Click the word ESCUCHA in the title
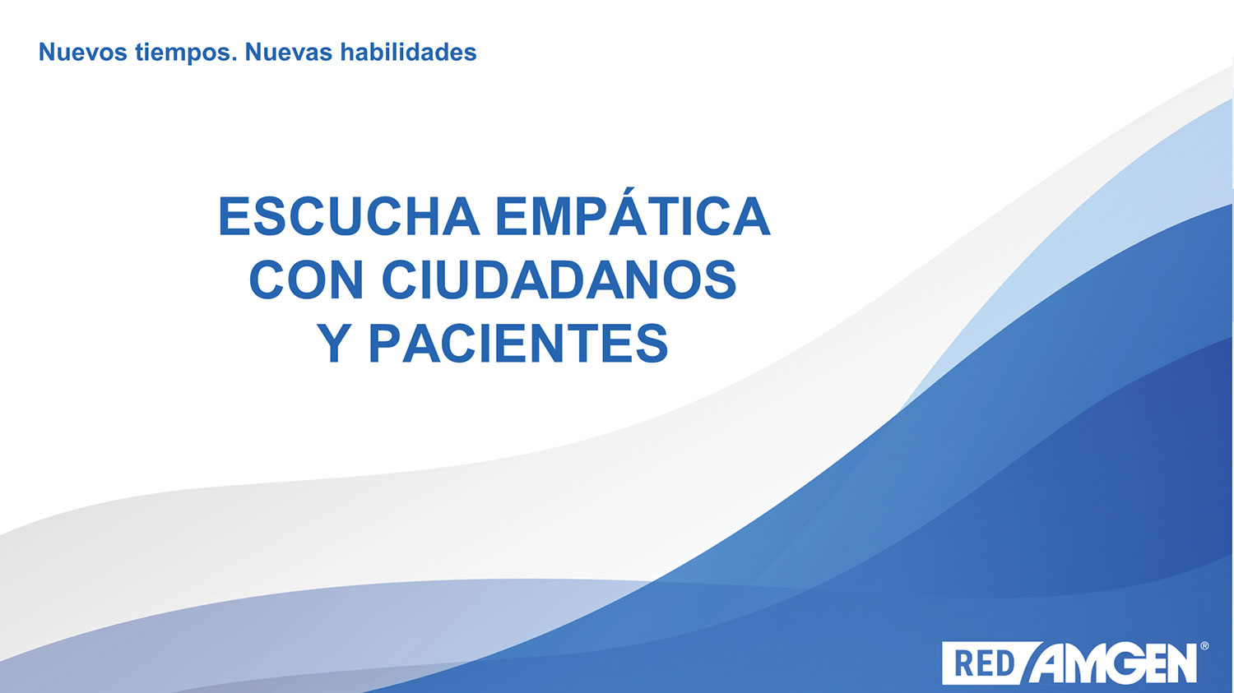point(349,215)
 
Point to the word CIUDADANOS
point(559,279)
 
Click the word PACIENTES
point(518,342)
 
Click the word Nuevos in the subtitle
point(82,53)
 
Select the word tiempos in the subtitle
point(183,53)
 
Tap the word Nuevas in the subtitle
point(289,53)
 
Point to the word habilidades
point(408,52)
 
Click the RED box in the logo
point(985,663)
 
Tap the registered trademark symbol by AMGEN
point(1204,645)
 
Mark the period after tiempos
point(234,60)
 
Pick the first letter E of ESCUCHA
point(236,215)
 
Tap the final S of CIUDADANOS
point(718,279)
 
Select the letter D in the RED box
point(1004,664)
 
